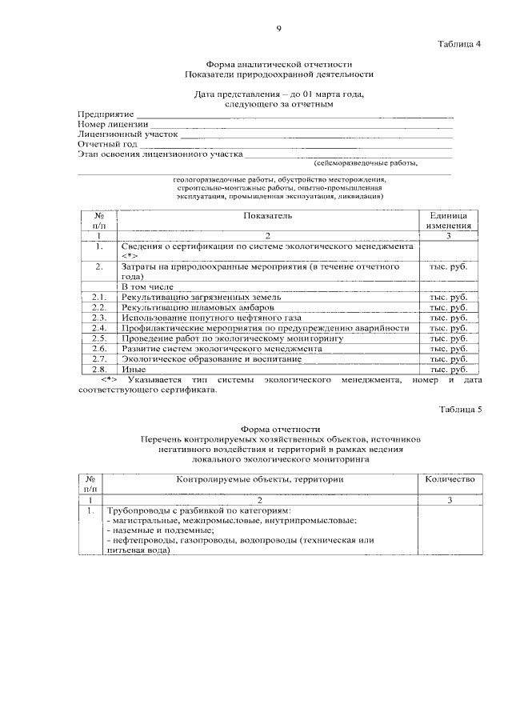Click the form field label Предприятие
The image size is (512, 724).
tap(106, 115)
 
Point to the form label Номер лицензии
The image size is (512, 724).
tap(113, 125)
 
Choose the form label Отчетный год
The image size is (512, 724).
tap(108, 144)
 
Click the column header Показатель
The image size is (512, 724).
tap(268, 216)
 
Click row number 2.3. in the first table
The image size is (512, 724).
tap(99, 318)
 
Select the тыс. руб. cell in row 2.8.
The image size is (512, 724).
tap(449, 370)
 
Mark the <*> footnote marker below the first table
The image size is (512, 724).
tap(110, 379)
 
